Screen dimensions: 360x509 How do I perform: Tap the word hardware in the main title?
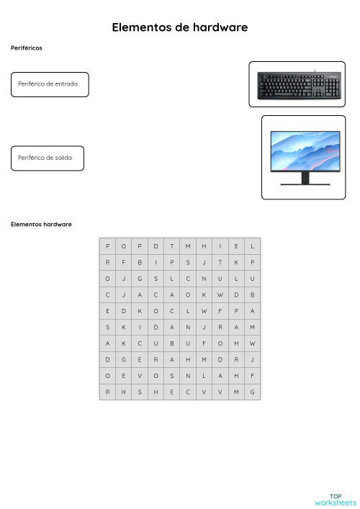click(x=217, y=27)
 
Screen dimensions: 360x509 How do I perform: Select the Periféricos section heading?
click(x=27, y=48)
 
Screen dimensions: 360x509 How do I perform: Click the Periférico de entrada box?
click(x=50, y=84)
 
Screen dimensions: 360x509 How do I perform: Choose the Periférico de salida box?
click(x=47, y=158)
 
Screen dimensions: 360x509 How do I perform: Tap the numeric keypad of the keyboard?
click(x=332, y=87)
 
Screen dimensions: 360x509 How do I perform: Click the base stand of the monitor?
click(x=305, y=183)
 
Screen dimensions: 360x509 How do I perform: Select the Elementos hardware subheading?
click(x=41, y=224)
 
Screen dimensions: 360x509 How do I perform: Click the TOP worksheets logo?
click(x=335, y=499)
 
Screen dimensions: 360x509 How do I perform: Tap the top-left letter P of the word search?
click(x=107, y=246)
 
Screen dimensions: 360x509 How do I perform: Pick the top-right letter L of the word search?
click(x=253, y=246)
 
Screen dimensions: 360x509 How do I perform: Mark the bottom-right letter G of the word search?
click(x=253, y=392)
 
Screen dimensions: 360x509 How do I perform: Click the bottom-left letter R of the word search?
click(x=107, y=392)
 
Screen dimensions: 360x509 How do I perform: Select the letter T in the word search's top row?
click(x=172, y=246)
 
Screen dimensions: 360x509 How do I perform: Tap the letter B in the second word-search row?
click(x=140, y=262)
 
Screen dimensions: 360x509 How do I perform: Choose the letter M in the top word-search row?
click(x=188, y=246)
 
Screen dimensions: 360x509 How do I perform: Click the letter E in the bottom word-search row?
click(x=172, y=392)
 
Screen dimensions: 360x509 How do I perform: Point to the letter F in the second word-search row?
click(x=123, y=262)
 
